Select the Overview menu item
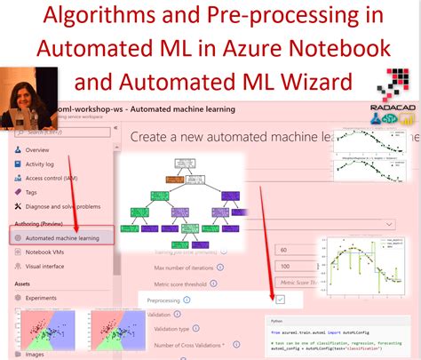tap(37, 150)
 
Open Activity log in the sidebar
tap(41, 164)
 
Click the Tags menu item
tap(32, 192)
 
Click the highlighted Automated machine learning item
tap(62, 237)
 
